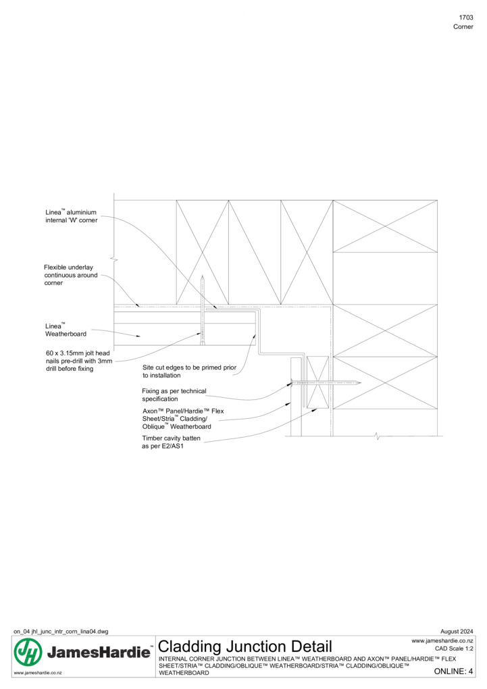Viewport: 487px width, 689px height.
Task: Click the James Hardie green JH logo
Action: tap(28, 652)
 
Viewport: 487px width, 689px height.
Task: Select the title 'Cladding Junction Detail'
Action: tap(245, 646)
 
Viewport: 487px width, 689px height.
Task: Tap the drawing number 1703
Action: tap(466, 18)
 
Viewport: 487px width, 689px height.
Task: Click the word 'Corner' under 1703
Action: tap(463, 27)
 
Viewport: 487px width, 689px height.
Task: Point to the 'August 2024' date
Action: tap(457, 632)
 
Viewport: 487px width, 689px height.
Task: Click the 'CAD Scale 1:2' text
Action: tap(454, 648)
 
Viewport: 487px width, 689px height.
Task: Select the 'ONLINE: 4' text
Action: tap(454, 671)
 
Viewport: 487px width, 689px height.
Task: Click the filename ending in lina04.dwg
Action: tap(61, 632)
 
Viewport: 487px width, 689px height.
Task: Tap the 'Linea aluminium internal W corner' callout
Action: tap(71, 215)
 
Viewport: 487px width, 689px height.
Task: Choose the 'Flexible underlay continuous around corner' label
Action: tap(71, 275)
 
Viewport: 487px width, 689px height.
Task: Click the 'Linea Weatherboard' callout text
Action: tap(66, 330)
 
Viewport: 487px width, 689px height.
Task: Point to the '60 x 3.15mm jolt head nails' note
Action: tap(79, 361)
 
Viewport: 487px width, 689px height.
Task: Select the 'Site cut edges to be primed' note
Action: tap(189, 372)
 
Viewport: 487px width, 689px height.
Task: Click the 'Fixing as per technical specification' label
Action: tap(174, 395)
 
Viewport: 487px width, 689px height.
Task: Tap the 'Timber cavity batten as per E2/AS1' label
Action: tap(171, 442)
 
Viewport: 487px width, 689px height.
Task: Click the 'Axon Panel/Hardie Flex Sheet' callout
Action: tap(183, 419)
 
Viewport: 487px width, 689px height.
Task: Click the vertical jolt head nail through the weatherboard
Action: tap(202, 310)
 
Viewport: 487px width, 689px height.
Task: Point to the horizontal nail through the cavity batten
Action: tap(326, 383)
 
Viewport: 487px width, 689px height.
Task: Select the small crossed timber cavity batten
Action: tap(317, 382)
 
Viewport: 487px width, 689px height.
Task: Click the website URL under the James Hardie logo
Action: tap(38, 673)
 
